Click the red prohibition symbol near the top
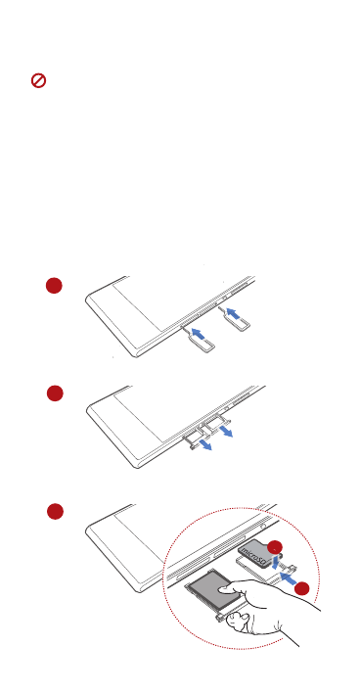[x=39, y=82]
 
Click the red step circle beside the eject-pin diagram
[x=54, y=285]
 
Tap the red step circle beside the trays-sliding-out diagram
[x=54, y=393]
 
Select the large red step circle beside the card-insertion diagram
[x=54, y=511]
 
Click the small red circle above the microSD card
[x=276, y=547]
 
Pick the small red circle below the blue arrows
[x=302, y=588]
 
